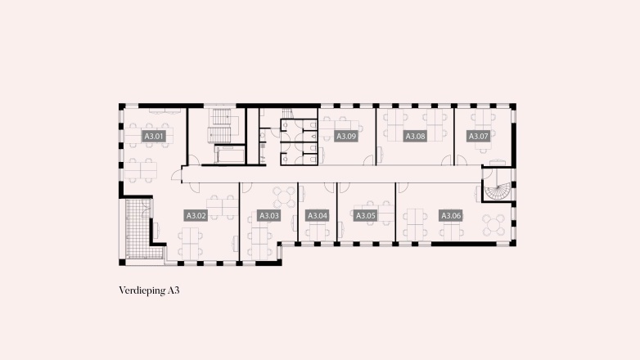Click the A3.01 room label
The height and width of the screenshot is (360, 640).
click(x=154, y=136)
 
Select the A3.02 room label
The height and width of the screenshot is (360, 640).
click(x=196, y=216)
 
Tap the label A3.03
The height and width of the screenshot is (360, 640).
click(x=268, y=216)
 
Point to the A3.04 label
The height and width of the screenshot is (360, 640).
click(x=317, y=216)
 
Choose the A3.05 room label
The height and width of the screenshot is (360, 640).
click(x=365, y=216)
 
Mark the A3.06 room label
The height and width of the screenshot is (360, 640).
click(x=451, y=216)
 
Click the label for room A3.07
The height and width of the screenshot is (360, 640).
click(x=478, y=137)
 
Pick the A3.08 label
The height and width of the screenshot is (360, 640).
click(x=415, y=137)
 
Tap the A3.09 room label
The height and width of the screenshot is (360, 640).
click(x=346, y=137)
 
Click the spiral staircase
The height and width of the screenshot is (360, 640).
click(x=497, y=187)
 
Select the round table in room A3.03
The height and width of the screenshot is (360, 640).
click(x=283, y=196)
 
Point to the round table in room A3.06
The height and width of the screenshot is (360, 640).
click(x=494, y=222)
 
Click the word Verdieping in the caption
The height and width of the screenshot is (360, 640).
click(x=142, y=290)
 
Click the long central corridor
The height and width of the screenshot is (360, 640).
click(x=327, y=173)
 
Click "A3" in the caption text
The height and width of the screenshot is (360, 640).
click(x=174, y=290)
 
